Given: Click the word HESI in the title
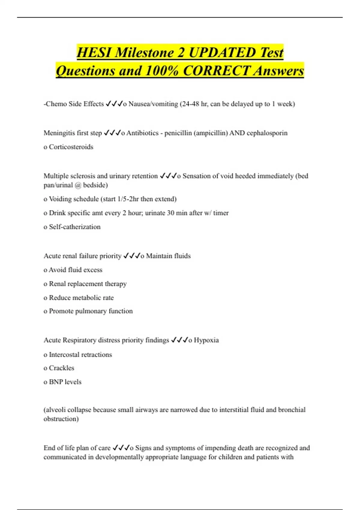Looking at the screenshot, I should point(94,53).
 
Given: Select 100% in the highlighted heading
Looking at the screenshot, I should point(162,71).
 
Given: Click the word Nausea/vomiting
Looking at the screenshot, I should point(153,104).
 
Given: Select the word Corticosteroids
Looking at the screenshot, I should point(71,147).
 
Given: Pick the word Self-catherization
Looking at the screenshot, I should point(75,227).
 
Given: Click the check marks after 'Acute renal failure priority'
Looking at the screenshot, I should point(131,256).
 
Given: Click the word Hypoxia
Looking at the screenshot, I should point(206,340).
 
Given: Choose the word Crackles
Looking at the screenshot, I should point(61,368).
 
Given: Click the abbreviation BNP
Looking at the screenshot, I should point(56,382).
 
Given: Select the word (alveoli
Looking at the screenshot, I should point(55,410).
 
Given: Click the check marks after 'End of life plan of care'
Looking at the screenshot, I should point(121,448).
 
